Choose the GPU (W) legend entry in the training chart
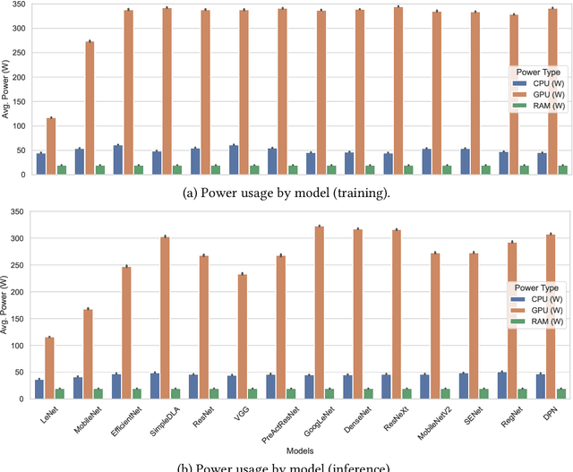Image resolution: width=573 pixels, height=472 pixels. [x=539, y=94]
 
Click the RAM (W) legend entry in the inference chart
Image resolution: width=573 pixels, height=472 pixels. [x=539, y=321]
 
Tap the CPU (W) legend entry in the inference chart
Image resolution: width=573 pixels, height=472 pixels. [x=539, y=299]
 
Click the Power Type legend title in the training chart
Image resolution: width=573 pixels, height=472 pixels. [x=535, y=72]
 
